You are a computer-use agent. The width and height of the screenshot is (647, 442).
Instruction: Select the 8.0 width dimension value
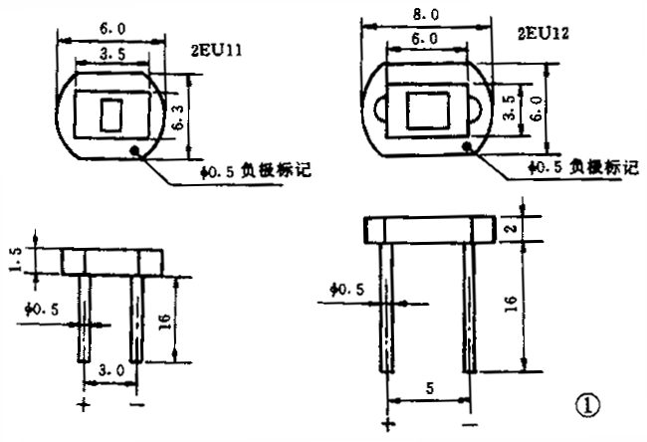428,16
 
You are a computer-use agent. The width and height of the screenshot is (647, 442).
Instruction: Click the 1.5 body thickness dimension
13,259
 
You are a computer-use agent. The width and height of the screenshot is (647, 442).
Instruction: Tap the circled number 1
587,405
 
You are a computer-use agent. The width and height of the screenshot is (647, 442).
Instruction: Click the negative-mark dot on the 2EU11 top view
134,150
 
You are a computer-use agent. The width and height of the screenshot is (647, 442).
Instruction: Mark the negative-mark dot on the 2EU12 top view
467,145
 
